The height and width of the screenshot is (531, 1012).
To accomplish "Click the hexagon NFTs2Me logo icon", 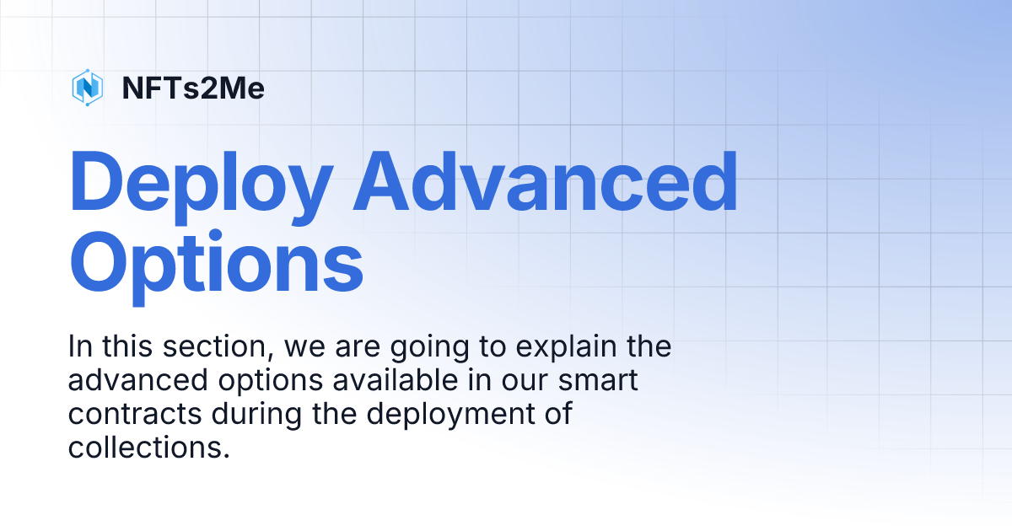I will tap(87, 88).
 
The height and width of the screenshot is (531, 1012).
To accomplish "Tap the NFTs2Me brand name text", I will tap(193, 88).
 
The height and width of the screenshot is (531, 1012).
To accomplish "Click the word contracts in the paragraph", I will tap(134, 415).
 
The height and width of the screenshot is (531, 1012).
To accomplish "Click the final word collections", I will tap(148, 448).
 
